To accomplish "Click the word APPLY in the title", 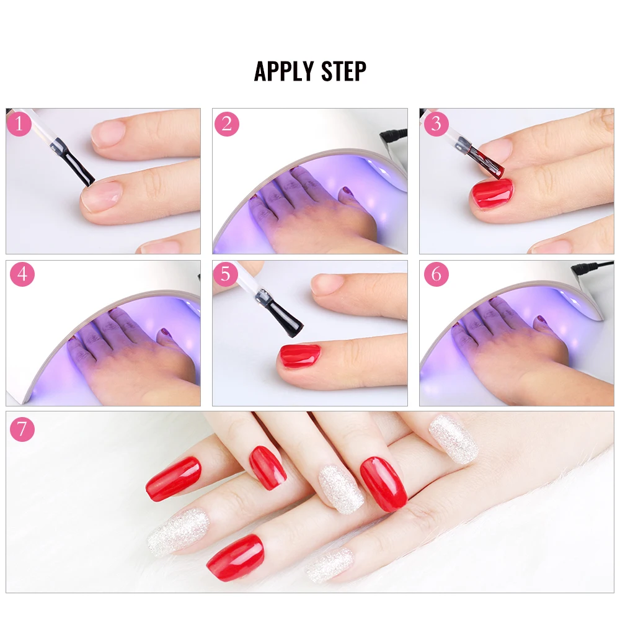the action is tap(284, 71).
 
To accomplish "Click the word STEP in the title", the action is tap(343, 71).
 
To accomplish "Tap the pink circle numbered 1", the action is tap(19, 123).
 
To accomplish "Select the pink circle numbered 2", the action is tap(227, 123).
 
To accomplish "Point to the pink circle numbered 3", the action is tap(436, 123).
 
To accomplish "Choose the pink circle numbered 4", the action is tap(22, 274).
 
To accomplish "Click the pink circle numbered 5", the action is tap(226, 274).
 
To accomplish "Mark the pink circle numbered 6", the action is tap(436, 274).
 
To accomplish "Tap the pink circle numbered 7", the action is tap(22, 429).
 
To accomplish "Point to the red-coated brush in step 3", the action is tap(489, 163).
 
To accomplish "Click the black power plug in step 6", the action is tap(585, 269).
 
